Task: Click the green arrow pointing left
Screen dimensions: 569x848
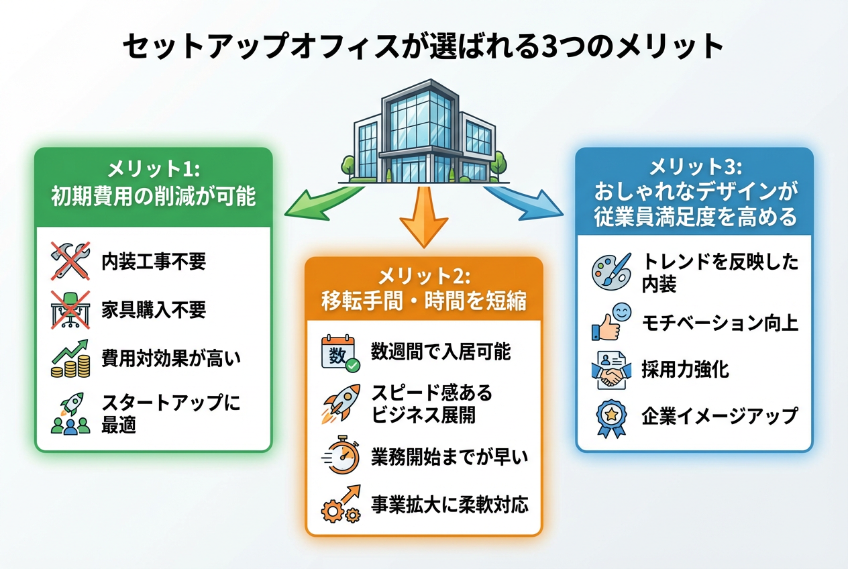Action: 321,202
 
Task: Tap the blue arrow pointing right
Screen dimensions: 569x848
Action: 526,202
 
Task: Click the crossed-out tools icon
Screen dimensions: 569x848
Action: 70,260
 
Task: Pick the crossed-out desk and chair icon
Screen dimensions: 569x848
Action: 70,309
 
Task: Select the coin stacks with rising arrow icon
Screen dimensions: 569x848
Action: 70,358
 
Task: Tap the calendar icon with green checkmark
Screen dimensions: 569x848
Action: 341,353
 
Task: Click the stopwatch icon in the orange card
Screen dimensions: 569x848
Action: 341,458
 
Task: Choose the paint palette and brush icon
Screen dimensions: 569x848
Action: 611,271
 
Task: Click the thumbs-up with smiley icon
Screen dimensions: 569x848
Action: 611,321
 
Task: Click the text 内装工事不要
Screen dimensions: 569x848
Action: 154,262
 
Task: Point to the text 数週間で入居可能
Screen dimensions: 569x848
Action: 441,352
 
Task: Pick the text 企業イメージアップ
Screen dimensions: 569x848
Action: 720,416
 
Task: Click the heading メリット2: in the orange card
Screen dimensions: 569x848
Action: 424,276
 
